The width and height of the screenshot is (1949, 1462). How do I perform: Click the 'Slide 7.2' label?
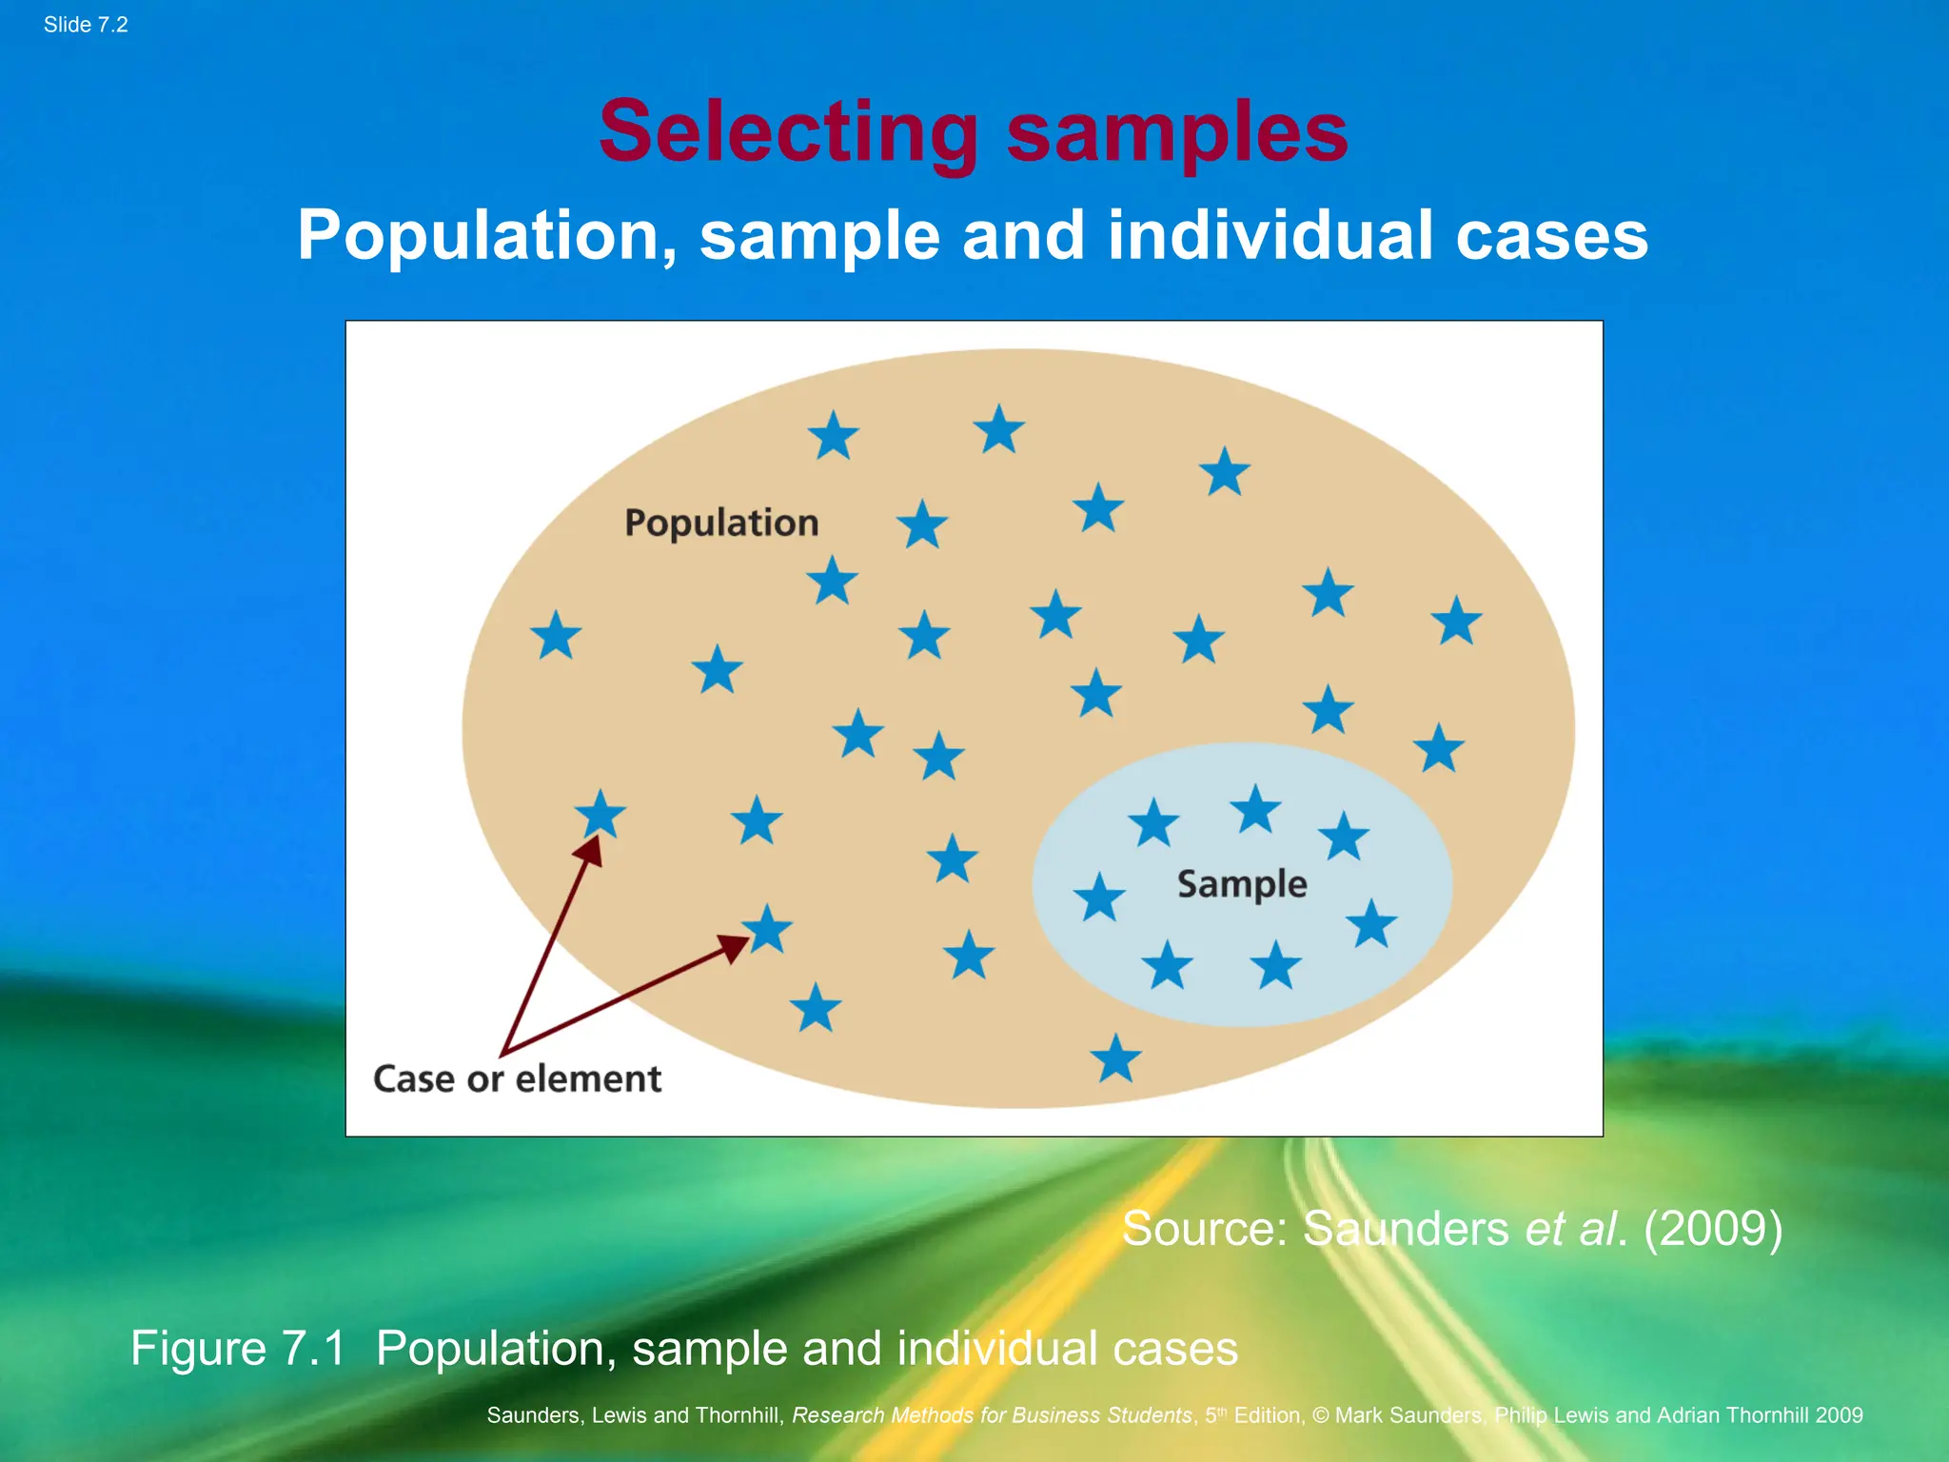pos(86,25)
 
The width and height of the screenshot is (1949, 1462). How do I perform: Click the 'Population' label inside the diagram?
pos(721,523)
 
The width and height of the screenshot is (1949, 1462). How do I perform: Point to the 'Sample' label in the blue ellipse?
pos(1242,884)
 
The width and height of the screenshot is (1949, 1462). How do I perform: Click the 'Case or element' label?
pos(517,1078)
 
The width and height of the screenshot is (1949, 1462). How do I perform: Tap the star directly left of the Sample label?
pos(1099,898)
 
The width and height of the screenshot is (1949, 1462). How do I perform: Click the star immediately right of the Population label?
pos(922,524)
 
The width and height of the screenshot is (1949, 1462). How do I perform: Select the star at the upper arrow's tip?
pos(600,815)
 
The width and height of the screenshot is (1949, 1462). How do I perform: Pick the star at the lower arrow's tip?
pos(767,928)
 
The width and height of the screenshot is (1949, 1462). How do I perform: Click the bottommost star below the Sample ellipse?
pos(1115,1058)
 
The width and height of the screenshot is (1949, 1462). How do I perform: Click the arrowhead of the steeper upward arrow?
pos(591,850)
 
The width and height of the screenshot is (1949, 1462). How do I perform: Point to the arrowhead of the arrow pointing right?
pos(734,947)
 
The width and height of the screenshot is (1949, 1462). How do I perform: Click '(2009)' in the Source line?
pos(1713,1228)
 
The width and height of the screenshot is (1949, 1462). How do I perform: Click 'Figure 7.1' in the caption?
pos(238,1348)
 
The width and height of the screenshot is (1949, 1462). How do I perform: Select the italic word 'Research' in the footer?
pos(837,1415)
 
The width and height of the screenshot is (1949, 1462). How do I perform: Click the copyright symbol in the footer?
pos(1321,1415)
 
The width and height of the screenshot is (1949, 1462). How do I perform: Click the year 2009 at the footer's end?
pos(1839,1415)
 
